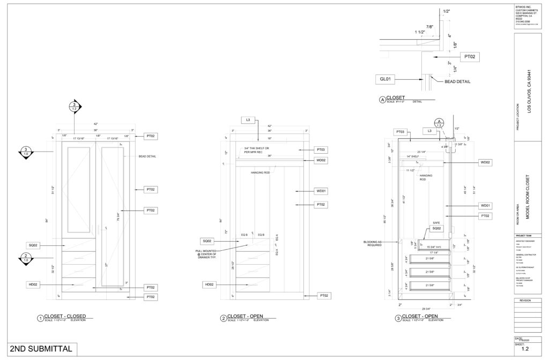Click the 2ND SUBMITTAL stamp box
pos(41,349)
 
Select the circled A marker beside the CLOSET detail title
pos(382,100)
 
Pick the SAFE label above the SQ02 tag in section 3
pos(436,223)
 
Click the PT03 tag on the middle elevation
pos(321,149)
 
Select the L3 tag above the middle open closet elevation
pos(248,119)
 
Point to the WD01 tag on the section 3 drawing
pos(486,205)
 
